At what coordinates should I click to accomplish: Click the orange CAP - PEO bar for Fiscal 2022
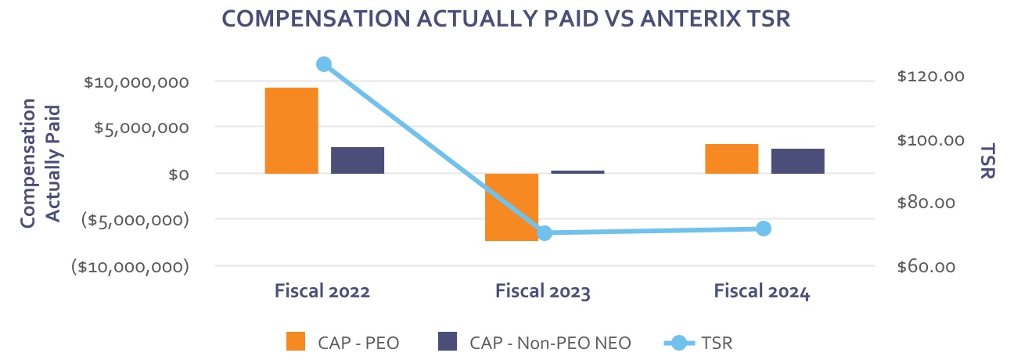pos(292,130)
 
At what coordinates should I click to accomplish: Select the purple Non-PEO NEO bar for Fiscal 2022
pos(358,160)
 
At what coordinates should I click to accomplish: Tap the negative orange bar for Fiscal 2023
pos(512,207)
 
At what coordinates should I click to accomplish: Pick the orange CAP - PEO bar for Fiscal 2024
pos(732,158)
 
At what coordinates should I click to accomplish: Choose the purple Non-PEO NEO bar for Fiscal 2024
pos(797,160)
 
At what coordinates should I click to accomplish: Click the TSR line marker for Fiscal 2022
pos(324,64)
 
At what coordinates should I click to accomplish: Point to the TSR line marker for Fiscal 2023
pos(545,233)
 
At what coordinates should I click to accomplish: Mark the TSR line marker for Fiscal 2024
pos(764,229)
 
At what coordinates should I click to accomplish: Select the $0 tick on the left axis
pos(178,174)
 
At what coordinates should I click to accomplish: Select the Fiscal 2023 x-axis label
pos(543,292)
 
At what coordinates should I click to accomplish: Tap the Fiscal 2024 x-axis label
pos(762,292)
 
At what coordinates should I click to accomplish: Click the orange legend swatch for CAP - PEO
pos(295,342)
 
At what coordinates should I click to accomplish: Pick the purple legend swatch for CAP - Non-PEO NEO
pos(448,342)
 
